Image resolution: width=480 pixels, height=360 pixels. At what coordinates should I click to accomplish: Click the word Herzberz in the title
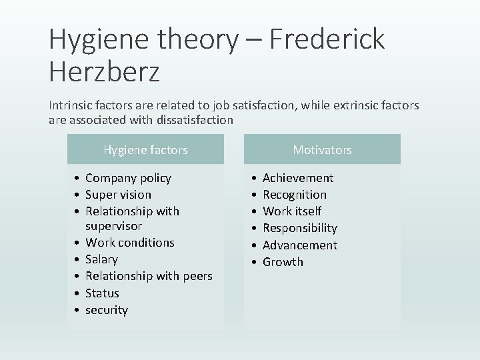tap(104, 72)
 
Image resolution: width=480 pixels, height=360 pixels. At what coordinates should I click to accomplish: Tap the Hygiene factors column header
tap(145, 150)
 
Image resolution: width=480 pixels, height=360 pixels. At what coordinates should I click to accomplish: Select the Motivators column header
tap(322, 150)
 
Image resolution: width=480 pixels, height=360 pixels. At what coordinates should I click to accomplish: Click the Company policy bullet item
tap(128, 178)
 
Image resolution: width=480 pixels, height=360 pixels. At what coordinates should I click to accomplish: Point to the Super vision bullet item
tap(118, 195)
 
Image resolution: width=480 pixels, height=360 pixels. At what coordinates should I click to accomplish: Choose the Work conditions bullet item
tap(130, 242)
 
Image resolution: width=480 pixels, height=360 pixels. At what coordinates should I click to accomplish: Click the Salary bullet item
tap(101, 259)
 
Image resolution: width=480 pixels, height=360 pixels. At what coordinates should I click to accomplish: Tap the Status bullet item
tap(102, 293)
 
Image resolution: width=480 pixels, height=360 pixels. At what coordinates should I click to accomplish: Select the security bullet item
tap(106, 310)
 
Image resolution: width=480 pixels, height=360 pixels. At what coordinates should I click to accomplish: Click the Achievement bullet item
tap(298, 178)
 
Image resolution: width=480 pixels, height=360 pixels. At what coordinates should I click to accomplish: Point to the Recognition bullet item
tap(295, 195)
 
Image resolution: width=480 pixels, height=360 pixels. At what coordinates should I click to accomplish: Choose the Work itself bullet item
tap(292, 211)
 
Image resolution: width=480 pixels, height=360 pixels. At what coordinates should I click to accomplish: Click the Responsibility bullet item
tap(300, 228)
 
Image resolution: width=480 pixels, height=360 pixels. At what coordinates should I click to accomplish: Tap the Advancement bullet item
tap(300, 245)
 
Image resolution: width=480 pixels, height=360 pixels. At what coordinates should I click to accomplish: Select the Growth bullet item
tap(283, 262)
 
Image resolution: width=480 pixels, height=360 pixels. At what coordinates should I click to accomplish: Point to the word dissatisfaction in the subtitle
tap(197, 121)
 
